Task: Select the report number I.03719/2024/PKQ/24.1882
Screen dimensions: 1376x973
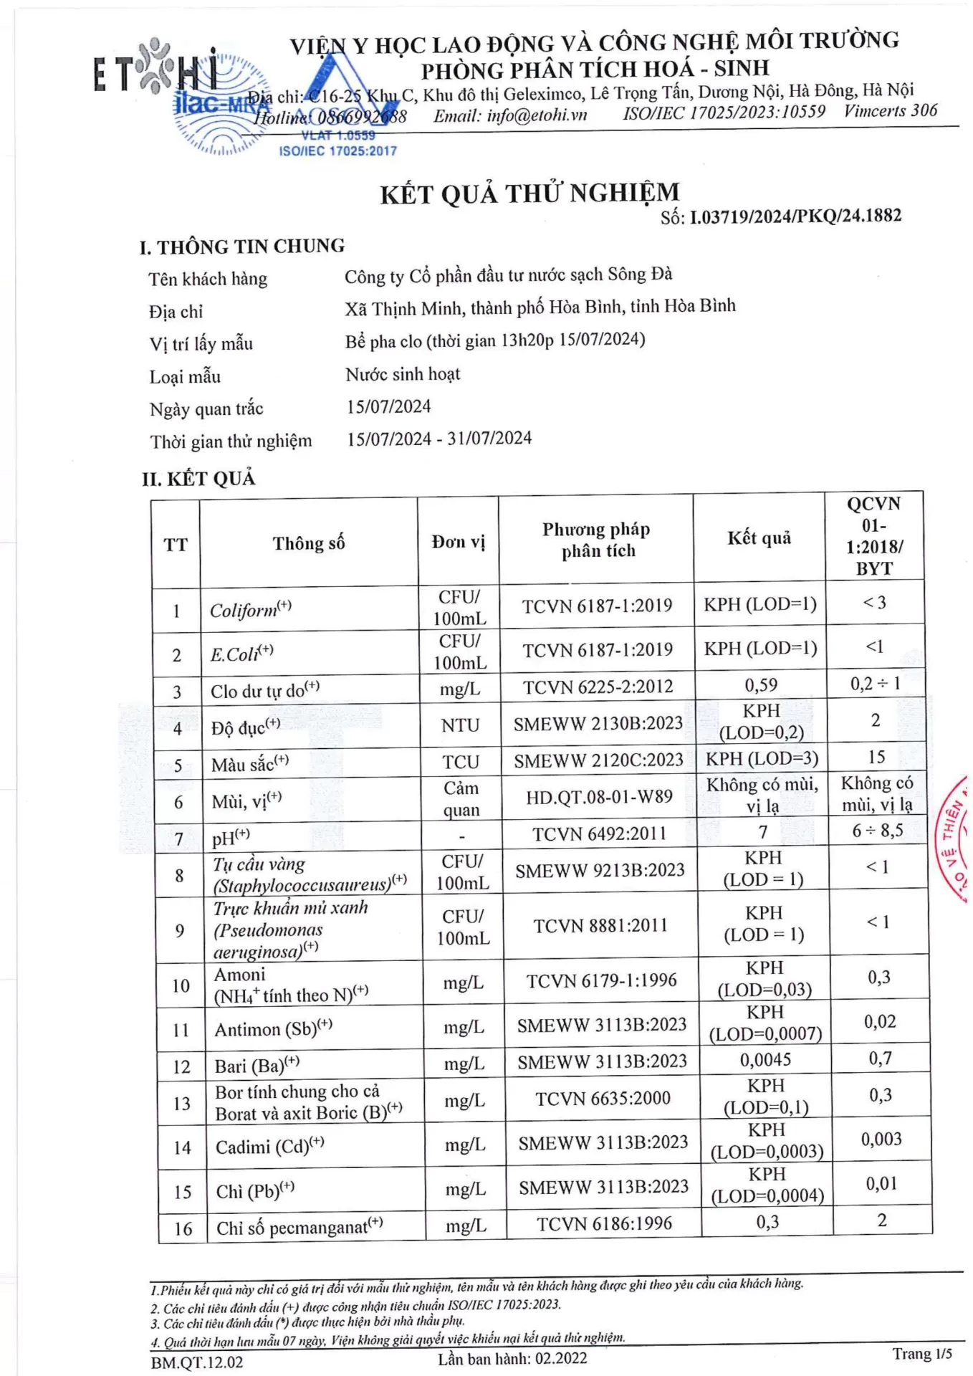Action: pos(795,216)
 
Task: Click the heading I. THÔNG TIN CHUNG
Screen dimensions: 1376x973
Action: pos(242,247)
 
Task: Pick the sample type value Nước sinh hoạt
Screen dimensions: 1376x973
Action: pos(403,374)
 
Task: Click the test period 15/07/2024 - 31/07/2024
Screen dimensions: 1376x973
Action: pos(439,439)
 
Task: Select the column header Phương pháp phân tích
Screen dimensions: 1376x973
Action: pos(597,540)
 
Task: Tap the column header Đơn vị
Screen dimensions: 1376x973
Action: pos(458,542)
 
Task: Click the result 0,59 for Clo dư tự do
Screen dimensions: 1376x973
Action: pos(761,685)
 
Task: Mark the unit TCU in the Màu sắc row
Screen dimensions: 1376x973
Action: pos(460,762)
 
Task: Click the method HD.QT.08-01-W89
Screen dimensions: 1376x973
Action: pos(599,797)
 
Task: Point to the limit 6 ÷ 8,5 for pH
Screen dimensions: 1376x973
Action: pos(877,831)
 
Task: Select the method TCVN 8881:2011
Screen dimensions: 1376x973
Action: pos(600,926)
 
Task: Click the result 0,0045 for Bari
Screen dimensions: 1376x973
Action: pos(765,1059)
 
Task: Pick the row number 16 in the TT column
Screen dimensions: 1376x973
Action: pos(183,1228)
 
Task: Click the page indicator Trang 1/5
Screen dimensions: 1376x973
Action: pos(921,1353)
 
